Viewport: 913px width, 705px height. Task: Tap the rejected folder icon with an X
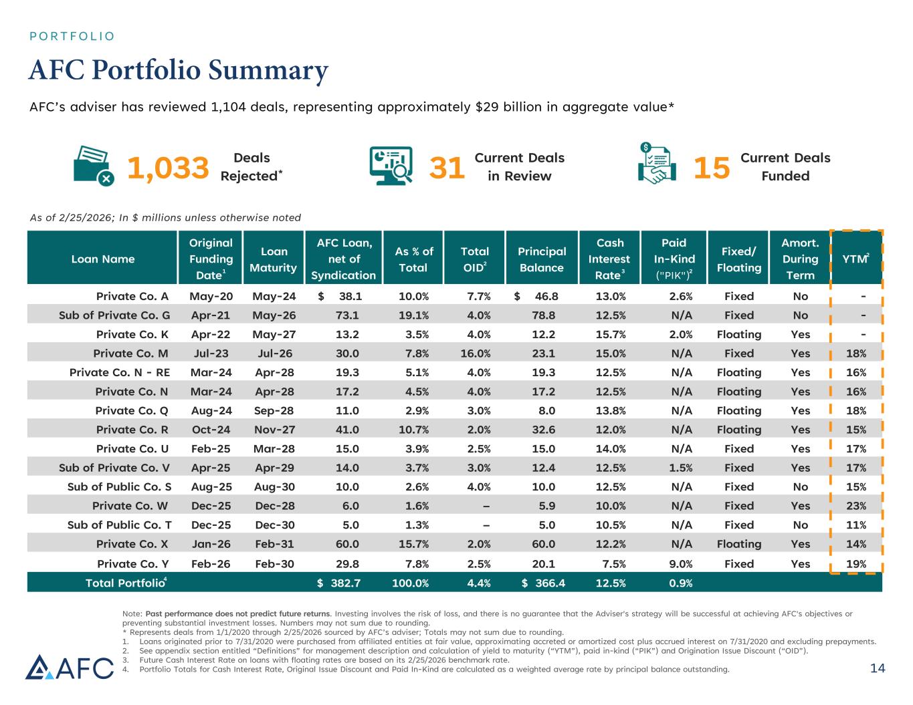pyautogui.click(x=94, y=166)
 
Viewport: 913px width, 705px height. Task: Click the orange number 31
pyautogui.click(x=446, y=168)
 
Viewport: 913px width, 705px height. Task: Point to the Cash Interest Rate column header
pyautogui.click(x=609, y=259)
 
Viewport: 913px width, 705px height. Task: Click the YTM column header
pyautogui.click(x=855, y=259)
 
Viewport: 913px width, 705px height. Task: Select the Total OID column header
pyautogui.click(x=475, y=259)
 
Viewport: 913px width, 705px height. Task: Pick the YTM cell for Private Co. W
pyautogui.click(x=855, y=506)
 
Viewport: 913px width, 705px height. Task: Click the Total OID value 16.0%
pyautogui.click(x=476, y=354)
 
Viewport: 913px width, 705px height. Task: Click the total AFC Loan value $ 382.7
pyautogui.click(x=339, y=583)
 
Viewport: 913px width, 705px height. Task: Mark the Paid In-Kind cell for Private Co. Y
pyautogui.click(x=681, y=563)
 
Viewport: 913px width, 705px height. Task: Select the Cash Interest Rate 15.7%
pyautogui.click(x=610, y=334)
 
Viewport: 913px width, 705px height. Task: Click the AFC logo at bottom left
pyautogui.click(x=70, y=667)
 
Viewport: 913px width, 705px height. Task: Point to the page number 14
pyautogui.click(x=877, y=668)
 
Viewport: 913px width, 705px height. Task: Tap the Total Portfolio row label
pyautogui.click(x=125, y=583)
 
